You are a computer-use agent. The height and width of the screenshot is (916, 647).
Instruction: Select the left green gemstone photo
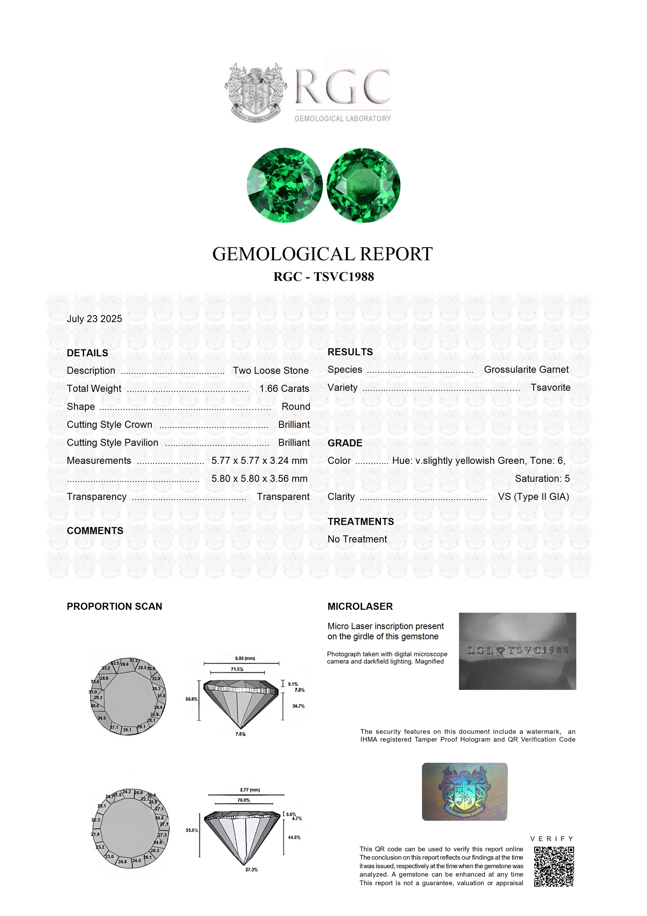[284, 185]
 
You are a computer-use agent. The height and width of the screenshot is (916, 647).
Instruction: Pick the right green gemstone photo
[363, 185]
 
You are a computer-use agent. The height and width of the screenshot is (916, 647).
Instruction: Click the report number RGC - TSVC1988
[323, 277]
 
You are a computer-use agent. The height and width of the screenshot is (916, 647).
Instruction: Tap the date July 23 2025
[94, 319]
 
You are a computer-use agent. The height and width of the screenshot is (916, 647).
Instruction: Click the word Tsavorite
[551, 387]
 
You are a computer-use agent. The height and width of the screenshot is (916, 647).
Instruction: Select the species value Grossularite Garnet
[526, 369]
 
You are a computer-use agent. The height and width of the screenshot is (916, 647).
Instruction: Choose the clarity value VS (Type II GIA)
[533, 497]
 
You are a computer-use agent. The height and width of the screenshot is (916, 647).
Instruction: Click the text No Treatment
[357, 539]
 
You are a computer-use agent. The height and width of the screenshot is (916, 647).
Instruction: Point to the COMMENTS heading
[95, 531]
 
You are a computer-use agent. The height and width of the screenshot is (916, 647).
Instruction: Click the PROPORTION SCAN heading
[114, 606]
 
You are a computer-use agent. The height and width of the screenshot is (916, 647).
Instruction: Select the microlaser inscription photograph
[517, 651]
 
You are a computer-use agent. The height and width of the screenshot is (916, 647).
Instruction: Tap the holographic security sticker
[464, 792]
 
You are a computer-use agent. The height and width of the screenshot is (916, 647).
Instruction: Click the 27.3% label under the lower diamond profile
[252, 869]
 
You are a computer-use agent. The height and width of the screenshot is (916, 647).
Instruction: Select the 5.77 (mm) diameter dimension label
[250, 790]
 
